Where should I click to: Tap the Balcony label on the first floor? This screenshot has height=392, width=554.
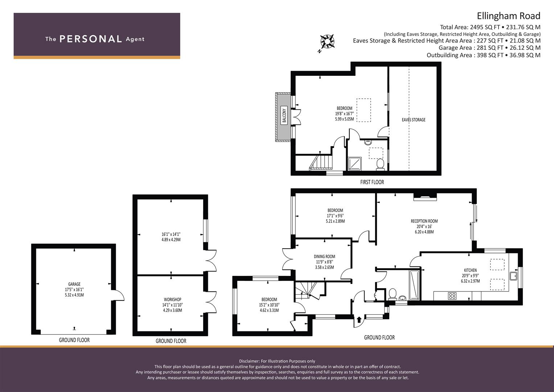[284, 115]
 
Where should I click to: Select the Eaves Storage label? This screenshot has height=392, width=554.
[414, 120]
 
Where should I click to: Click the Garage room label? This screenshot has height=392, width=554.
[74, 284]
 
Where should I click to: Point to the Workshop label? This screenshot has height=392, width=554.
[172, 299]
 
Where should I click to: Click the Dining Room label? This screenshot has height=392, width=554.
[324, 257]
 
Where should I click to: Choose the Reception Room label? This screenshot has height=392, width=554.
[424, 221]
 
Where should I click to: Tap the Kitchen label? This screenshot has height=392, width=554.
[470, 270]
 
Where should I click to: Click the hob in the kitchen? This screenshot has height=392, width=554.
[452, 296]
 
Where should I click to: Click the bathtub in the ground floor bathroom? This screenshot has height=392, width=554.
[415, 285]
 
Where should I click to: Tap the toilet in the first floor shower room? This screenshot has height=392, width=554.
[380, 164]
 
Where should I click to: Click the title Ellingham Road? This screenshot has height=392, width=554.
[509, 16]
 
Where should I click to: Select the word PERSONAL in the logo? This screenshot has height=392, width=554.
[91, 39]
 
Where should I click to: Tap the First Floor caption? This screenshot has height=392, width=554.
[372, 182]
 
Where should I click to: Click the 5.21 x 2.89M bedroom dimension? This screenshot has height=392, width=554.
[335, 221]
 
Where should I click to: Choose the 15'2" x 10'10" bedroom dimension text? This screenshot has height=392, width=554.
[269, 305]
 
